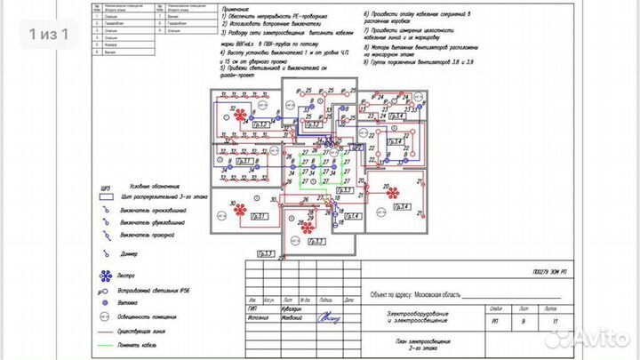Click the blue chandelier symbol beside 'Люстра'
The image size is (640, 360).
coord(106,276)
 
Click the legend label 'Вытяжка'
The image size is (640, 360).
coord(132,303)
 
